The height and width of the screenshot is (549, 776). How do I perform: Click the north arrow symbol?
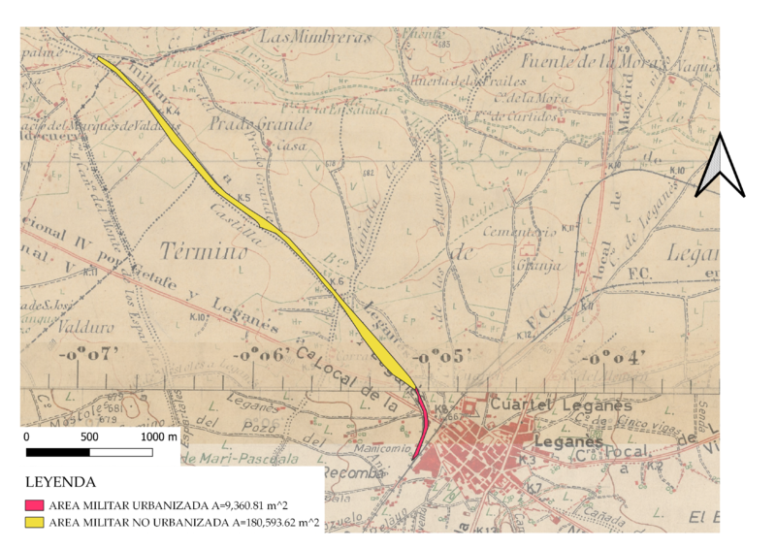click(x=721, y=166)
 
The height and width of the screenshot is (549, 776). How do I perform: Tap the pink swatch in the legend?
click(x=35, y=505)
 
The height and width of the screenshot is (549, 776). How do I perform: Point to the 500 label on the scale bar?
click(x=89, y=437)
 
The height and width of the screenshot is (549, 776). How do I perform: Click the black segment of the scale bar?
click(x=57, y=452)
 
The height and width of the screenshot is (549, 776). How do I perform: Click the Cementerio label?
click(x=525, y=233)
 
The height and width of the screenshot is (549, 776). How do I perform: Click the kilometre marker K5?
click(x=244, y=200)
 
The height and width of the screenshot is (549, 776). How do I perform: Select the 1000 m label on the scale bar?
click(x=159, y=437)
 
